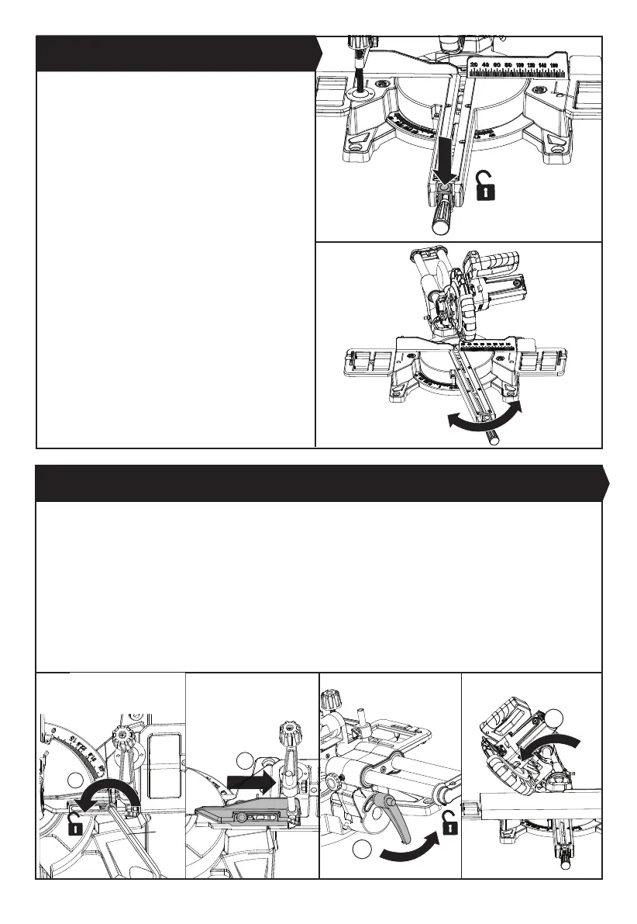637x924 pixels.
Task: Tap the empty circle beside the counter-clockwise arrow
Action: (x=75, y=780)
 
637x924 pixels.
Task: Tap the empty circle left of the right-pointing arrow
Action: (x=245, y=760)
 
